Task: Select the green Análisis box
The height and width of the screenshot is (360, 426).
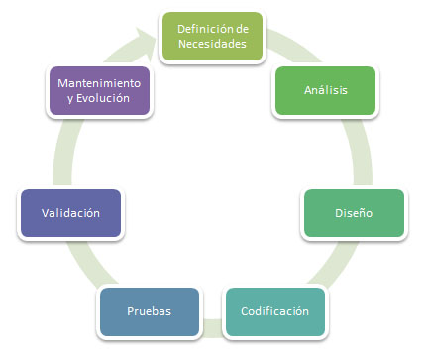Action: pyautogui.click(x=324, y=90)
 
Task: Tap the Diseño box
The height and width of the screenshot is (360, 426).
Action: pyautogui.click(x=353, y=212)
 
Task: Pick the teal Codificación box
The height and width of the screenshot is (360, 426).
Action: pyautogui.click(x=274, y=311)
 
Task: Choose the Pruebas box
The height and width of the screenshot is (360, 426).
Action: pyautogui.click(x=149, y=311)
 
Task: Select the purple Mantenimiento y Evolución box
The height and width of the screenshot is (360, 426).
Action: pyautogui.click(x=98, y=90)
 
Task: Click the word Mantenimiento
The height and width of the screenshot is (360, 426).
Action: pyautogui.click(x=98, y=82)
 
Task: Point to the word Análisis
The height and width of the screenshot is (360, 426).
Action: pyautogui.click(x=324, y=90)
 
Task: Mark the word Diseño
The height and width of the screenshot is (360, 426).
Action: pyautogui.click(x=353, y=212)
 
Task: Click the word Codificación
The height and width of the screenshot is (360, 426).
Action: pyautogui.click(x=274, y=311)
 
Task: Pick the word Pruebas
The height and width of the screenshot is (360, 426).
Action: pyautogui.click(x=149, y=311)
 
